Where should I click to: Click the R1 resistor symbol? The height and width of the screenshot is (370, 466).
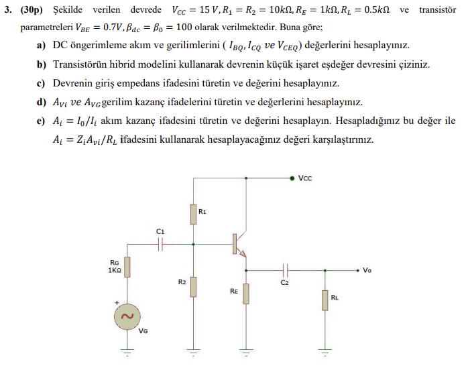click(x=193, y=214)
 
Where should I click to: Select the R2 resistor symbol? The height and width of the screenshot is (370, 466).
click(x=193, y=286)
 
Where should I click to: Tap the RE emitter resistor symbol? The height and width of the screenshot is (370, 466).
click(x=246, y=293)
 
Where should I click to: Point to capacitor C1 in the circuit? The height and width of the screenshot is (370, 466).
click(x=160, y=245)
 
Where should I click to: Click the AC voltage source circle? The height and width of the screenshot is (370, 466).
click(x=126, y=316)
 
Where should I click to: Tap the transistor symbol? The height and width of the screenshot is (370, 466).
click(x=237, y=245)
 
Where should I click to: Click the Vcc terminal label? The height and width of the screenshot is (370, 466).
click(x=306, y=178)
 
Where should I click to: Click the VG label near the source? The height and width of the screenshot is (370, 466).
click(x=143, y=330)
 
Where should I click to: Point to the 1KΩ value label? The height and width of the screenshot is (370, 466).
click(x=113, y=271)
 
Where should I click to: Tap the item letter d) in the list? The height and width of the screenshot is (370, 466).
click(x=41, y=103)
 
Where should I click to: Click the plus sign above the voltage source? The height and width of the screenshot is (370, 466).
click(x=117, y=303)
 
